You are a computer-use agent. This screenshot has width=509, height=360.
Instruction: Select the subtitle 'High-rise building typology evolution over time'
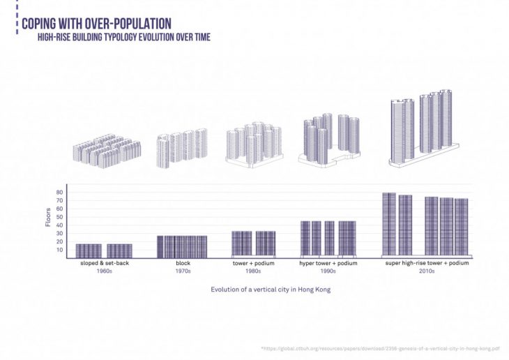coord(123,37)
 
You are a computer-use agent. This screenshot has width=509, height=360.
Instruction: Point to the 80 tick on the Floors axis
coord(59,193)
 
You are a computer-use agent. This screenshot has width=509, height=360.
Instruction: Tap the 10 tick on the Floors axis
coord(59,249)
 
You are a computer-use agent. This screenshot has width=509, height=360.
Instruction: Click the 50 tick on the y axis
coord(59,217)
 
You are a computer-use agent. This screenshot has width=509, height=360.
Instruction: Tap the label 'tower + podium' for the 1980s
coord(254,264)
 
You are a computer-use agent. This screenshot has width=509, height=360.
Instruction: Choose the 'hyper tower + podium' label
coord(328,264)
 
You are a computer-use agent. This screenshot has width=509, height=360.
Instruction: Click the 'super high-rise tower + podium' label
coord(426,264)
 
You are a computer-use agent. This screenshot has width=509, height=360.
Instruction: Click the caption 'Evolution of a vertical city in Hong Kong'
coord(270,289)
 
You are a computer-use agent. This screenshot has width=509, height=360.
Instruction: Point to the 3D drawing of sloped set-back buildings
coord(107,149)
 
